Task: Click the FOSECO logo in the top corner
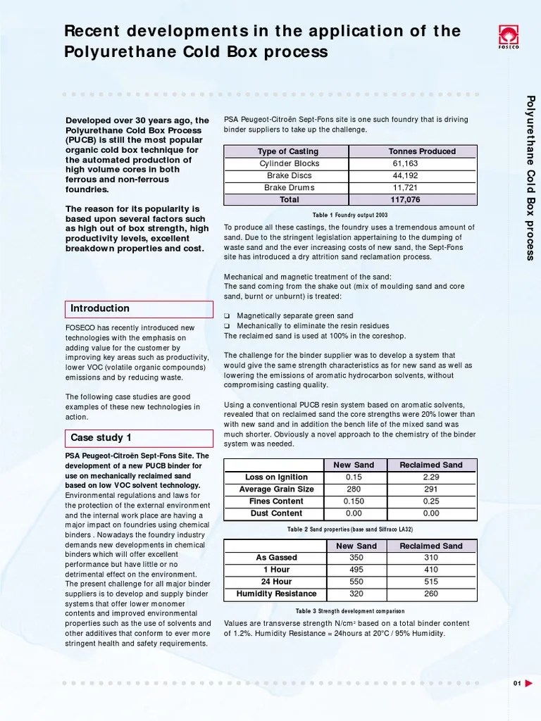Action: click(508, 35)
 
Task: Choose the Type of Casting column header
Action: click(287, 151)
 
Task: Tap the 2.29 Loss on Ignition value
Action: click(431, 477)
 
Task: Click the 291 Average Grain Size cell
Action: click(431, 489)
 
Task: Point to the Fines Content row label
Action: click(276, 501)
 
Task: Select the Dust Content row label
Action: click(276, 513)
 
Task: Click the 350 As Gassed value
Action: click(356, 558)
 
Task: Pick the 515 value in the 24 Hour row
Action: click(431, 582)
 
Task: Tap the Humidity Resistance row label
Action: click(276, 594)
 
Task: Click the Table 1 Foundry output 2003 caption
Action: click(350, 215)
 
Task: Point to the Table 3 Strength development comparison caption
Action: click(350, 611)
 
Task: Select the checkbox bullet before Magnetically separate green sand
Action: click(227, 316)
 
